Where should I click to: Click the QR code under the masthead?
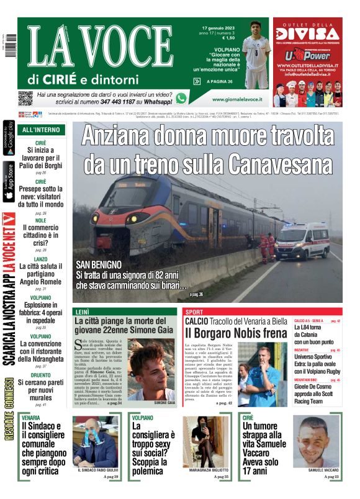(25, 98)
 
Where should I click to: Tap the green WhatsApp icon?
(181, 98)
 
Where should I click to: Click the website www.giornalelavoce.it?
(236, 99)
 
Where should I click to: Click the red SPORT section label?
(194, 312)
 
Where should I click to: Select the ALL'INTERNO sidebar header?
(41, 130)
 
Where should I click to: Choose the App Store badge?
(9, 182)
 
